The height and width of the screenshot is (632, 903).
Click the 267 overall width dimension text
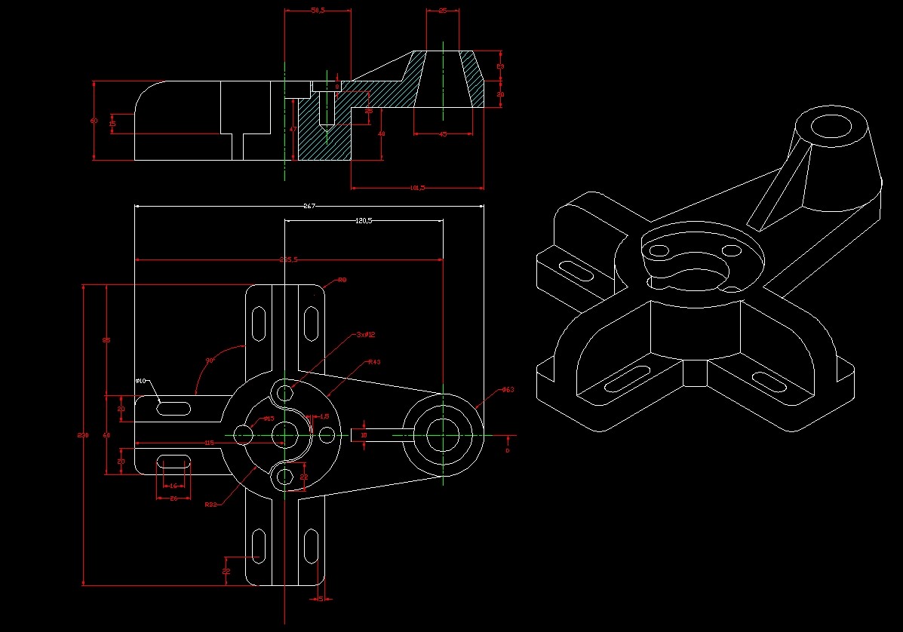308,206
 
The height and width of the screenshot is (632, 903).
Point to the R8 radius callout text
342,280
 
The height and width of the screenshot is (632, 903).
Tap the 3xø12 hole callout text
366,334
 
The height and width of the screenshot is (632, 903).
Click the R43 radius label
374,362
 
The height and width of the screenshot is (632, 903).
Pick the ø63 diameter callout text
508,390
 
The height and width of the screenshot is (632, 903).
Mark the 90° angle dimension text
210,360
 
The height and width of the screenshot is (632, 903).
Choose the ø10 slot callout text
140,381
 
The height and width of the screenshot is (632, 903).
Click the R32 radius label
211,505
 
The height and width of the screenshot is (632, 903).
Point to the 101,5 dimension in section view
416,188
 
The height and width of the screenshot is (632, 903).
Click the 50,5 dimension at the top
318,11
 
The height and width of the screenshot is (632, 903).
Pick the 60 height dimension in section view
94,121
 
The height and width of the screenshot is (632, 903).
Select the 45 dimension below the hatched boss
443,134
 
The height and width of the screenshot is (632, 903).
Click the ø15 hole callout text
269,419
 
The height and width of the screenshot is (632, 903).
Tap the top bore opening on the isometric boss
831,126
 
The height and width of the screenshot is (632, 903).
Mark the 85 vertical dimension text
106,341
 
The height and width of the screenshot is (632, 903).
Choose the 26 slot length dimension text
173,499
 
